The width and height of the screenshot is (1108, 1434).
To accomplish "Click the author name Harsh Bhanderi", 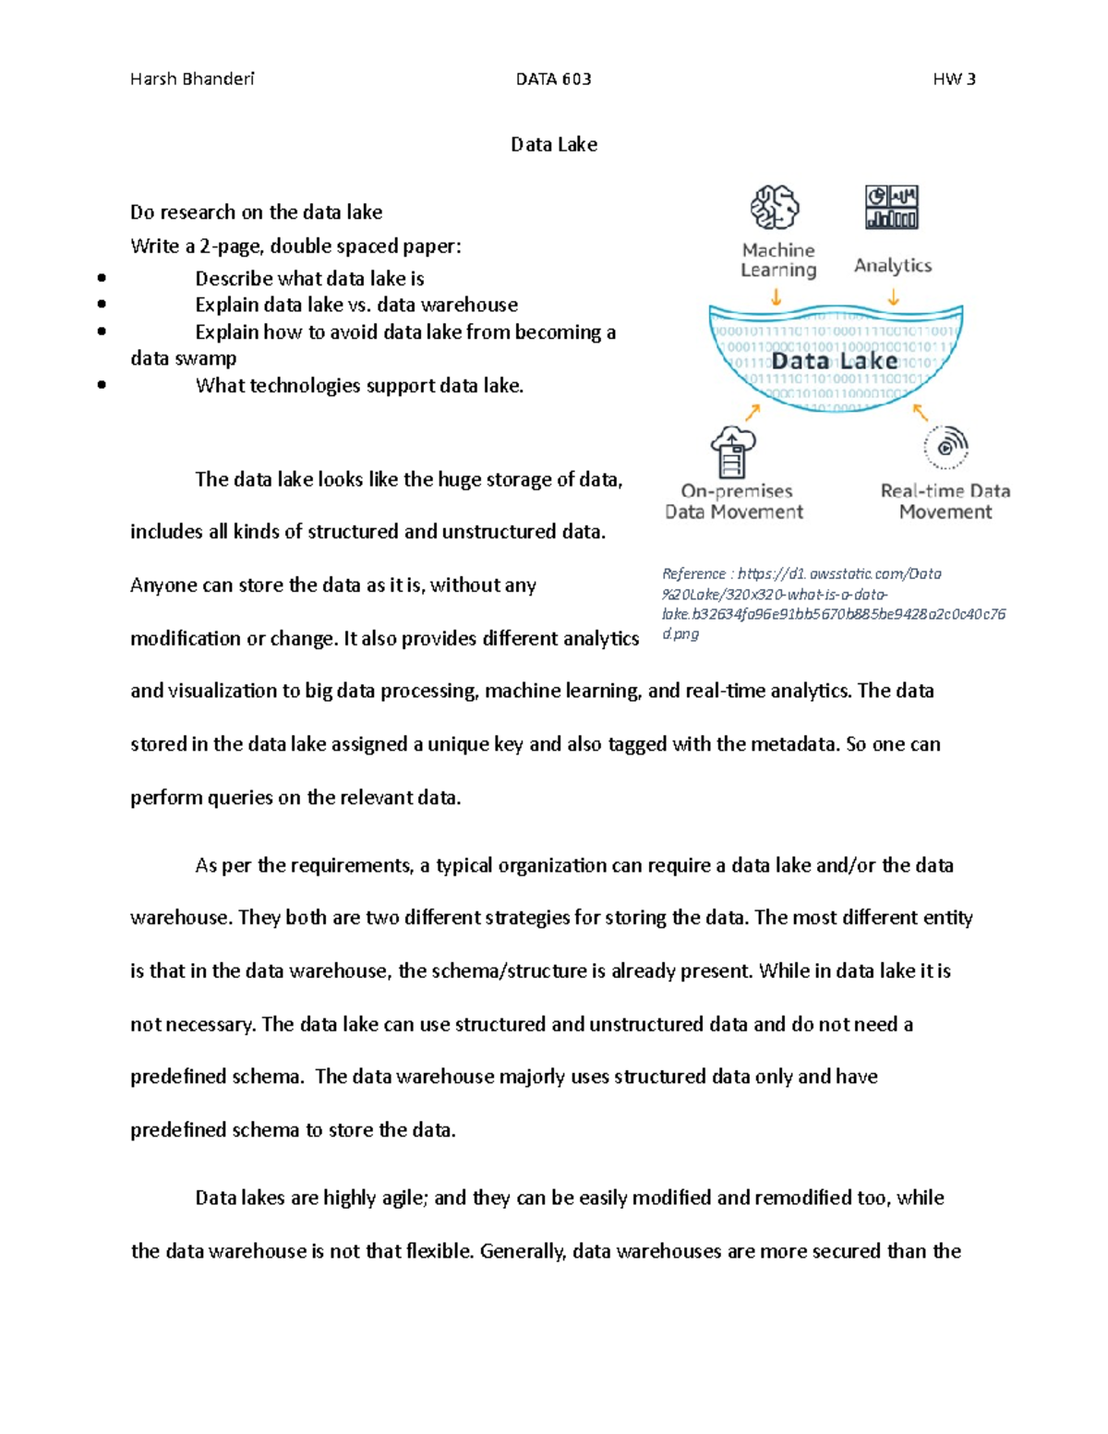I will (x=192, y=79).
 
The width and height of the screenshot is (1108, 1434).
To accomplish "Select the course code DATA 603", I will (x=553, y=79).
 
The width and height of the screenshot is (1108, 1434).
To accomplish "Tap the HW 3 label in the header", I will (x=954, y=79).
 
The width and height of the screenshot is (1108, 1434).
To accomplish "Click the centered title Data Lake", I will (x=554, y=144).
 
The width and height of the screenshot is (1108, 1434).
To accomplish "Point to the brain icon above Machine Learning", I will (x=775, y=207).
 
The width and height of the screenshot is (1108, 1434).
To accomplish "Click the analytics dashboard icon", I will (x=891, y=207).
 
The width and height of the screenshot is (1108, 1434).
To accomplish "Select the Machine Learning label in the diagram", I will (x=778, y=260).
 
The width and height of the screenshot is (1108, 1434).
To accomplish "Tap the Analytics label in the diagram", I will (x=893, y=266).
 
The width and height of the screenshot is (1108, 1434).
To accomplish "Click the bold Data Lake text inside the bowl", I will (x=835, y=360).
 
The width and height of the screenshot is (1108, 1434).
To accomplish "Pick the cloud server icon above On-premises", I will (x=733, y=451).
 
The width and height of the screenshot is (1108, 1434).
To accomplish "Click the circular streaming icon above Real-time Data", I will (x=945, y=448).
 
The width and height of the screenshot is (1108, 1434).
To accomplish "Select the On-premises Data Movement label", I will (x=735, y=501).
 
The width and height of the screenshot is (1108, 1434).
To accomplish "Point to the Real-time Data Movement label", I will (x=945, y=501).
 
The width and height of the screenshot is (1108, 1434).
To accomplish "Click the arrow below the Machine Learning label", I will (x=777, y=297).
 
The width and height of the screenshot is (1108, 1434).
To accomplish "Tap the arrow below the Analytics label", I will (x=894, y=297).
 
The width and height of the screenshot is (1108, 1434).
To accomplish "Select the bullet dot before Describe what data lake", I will (x=101, y=278).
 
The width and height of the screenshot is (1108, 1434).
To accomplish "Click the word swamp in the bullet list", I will (x=210, y=358).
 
